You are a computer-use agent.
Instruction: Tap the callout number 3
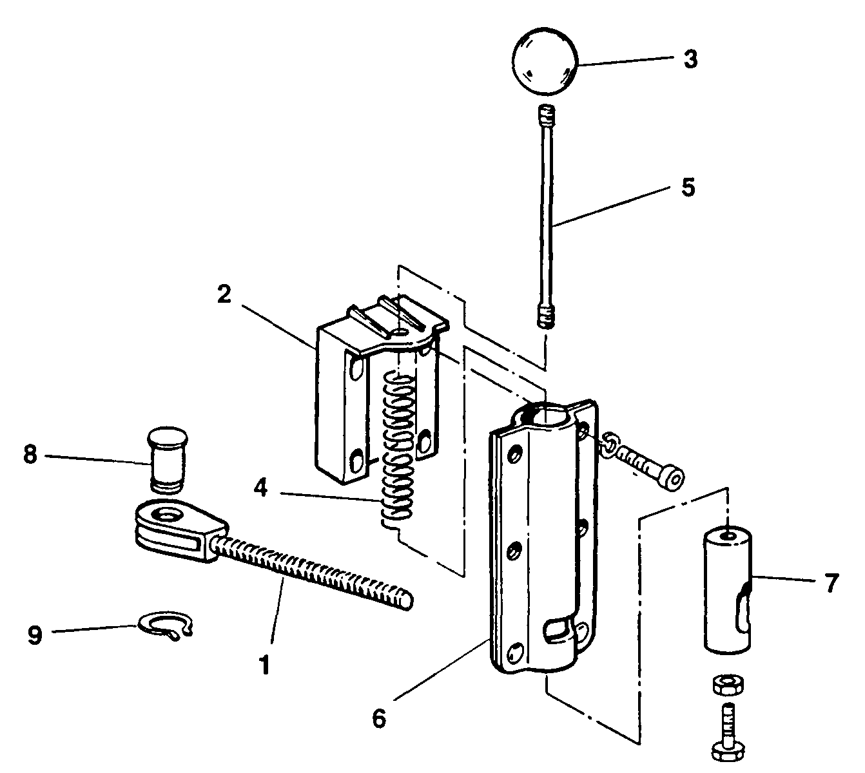tap(690, 59)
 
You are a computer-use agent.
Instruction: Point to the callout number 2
tap(224, 294)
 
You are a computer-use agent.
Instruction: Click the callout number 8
tap(30, 455)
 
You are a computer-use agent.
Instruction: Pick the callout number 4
tap(260, 488)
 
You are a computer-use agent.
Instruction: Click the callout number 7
tap(831, 584)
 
